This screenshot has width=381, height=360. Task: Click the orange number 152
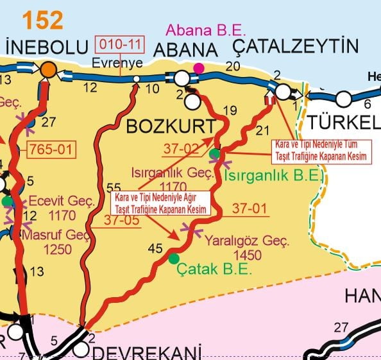pos(43,21)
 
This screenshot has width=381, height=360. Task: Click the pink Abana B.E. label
pos(201,30)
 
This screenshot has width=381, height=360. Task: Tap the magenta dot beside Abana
pos(199,68)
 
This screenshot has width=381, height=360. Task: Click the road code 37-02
pos(181,149)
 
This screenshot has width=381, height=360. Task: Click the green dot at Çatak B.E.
pos(174,259)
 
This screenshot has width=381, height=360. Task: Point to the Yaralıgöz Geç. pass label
pos(247,242)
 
